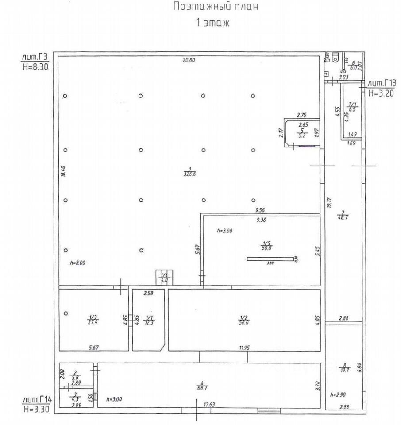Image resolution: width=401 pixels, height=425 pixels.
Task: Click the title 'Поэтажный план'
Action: (214, 7)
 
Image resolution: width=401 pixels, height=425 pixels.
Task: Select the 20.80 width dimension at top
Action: (189, 61)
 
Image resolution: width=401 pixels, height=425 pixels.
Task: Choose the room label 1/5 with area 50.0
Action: (266, 246)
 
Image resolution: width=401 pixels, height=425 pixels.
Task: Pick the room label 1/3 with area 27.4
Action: (93, 319)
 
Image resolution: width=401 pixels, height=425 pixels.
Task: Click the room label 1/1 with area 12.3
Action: (150, 320)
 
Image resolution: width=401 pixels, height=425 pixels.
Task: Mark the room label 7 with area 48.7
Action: (342, 214)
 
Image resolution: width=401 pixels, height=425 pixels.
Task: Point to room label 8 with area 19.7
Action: (344, 368)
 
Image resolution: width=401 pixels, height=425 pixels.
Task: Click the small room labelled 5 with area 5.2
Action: (302, 133)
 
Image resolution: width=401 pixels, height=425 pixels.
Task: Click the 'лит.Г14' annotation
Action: (37, 400)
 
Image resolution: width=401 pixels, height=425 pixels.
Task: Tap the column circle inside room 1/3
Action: (66, 313)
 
